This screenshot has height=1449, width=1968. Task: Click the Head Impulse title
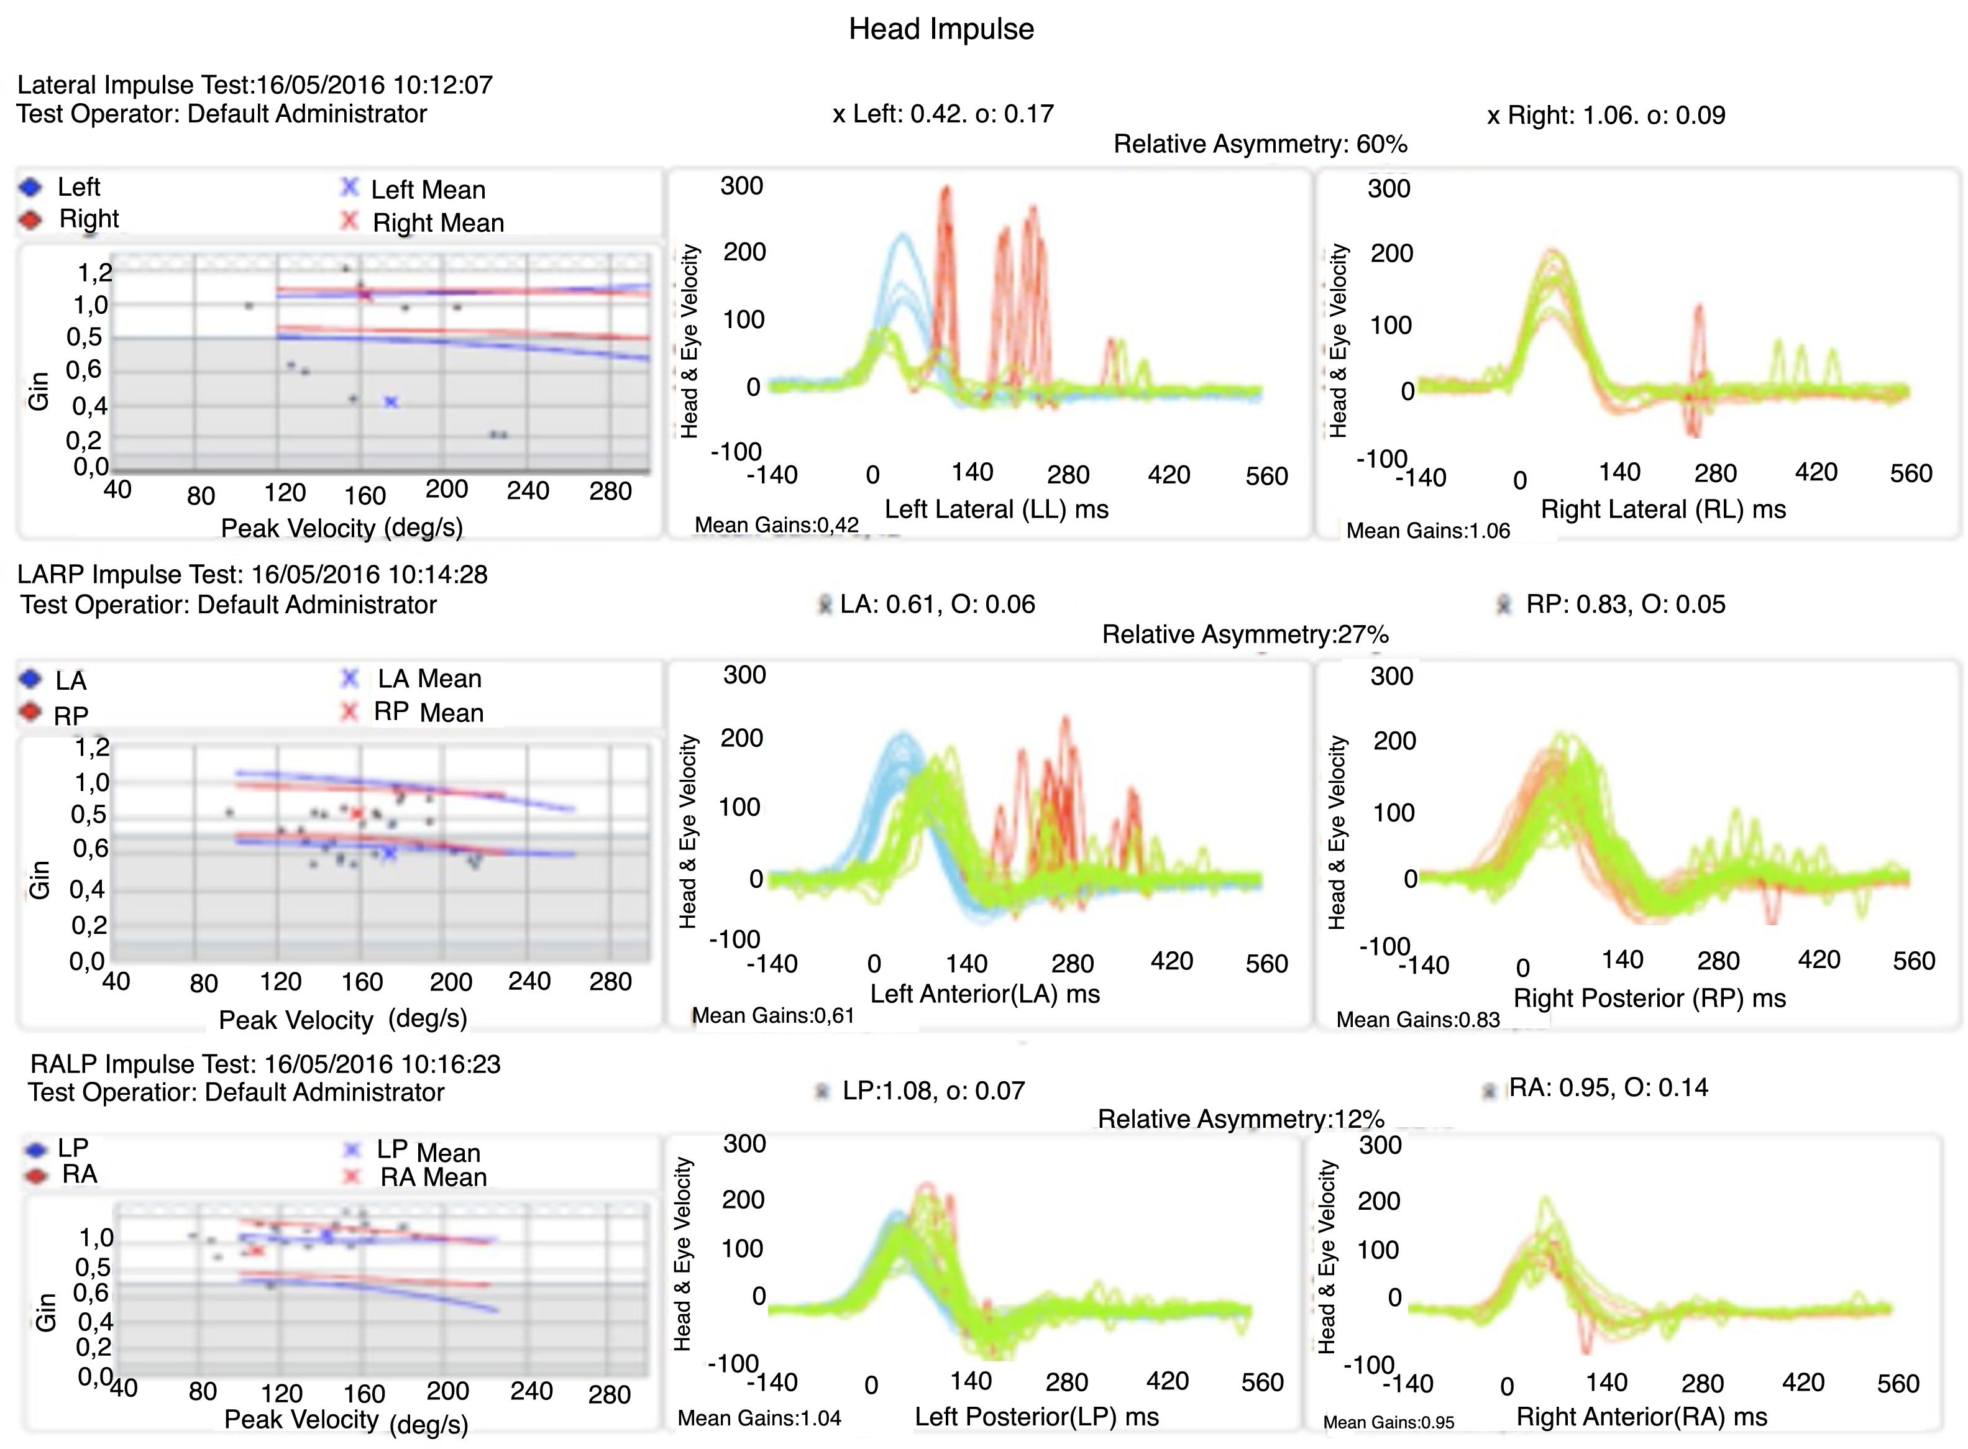coord(941,29)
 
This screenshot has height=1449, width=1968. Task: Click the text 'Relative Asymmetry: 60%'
coord(1260,144)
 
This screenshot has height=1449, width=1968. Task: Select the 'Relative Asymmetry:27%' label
coord(1245,634)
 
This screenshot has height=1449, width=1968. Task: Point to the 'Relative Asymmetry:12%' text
coord(1240,1118)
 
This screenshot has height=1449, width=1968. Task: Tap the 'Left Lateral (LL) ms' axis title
coord(996,509)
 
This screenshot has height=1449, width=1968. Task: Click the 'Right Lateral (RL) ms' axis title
coord(1663,509)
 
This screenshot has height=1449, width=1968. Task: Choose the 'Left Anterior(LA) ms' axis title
coord(985,994)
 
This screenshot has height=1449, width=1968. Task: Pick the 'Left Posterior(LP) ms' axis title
coord(1037,1417)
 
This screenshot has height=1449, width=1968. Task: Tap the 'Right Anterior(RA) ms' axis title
coord(1642,1417)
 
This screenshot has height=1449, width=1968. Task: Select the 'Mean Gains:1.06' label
coord(1428,531)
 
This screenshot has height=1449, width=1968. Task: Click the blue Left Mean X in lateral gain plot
coord(391,402)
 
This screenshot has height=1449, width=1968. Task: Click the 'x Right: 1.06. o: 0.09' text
coord(1606,115)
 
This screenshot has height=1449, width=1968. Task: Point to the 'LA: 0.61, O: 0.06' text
coord(936,605)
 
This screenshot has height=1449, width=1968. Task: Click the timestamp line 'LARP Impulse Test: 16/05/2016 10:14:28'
coord(252,575)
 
